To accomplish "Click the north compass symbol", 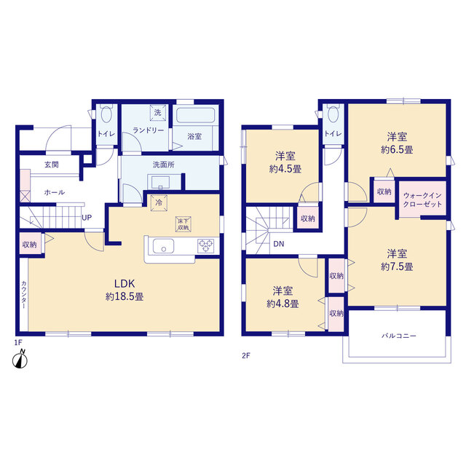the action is pos(20,360).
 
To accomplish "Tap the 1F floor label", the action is pos(18,342).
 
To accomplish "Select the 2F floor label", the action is pos(246,355).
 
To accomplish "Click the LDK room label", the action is pos(125,283).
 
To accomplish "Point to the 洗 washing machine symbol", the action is pos(158,113).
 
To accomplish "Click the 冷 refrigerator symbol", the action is pos(159,203).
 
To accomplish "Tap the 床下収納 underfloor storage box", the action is pos(183,224).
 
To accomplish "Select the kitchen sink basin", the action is pos(163,246).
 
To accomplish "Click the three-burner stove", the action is pos(205,246).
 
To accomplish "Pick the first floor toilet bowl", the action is pos(106,114).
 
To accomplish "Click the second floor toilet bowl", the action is pos(333,114).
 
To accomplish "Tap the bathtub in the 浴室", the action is pos(196,115).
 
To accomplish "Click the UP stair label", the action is pos(87,218).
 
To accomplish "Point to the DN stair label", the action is pos(278,244).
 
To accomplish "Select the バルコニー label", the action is pos(399,336).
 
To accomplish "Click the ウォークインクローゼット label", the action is pos(422,200).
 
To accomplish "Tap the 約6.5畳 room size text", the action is pos(397,149).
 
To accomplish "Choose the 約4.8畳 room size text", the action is pos(283,304).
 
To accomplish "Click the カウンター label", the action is pos(24,294).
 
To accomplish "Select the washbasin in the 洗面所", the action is pos(160,181).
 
